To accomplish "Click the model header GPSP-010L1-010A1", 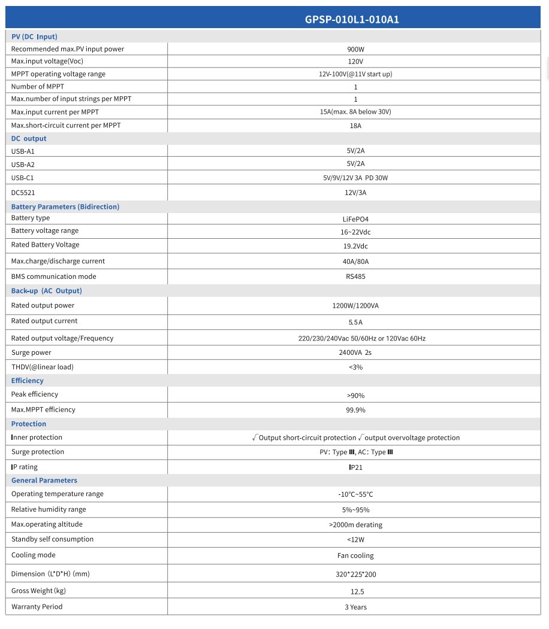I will [x=352, y=19].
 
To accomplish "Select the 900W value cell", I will [x=355, y=49].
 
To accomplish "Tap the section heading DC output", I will [x=29, y=138].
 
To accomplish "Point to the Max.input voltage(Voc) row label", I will [x=47, y=61].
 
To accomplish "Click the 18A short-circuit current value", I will [x=355, y=126].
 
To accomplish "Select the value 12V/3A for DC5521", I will [x=355, y=193].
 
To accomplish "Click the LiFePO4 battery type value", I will [x=355, y=219].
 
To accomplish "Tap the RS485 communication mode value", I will [x=355, y=276].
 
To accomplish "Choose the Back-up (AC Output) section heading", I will [x=47, y=291].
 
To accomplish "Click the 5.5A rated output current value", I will [x=355, y=321].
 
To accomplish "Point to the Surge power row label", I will [x=31, y=353].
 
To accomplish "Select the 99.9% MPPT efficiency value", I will [x=355, y=410].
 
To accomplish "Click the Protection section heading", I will [x=29, y=424].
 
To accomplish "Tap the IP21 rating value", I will [x=355, y=467].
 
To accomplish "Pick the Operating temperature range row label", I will [x=58, y=494].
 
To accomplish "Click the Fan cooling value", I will [x=355, y=555].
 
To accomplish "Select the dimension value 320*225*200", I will [x=355, y=574].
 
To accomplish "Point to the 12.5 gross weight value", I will [x=355, y=591].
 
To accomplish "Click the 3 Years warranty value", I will [x=355, y=607].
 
